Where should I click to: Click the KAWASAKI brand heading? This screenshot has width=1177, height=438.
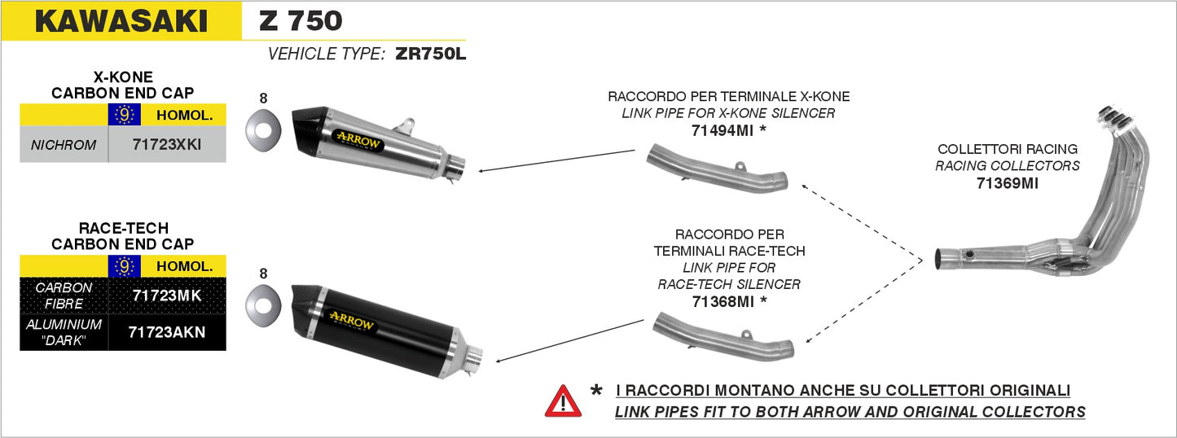point(121,21)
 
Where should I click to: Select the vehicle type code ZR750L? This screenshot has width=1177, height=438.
point(430,55)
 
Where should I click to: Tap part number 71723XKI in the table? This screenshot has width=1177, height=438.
point(166,146)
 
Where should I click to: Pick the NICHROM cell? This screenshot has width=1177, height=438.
point(64,146)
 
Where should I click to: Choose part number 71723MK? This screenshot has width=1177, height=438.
point(166,296)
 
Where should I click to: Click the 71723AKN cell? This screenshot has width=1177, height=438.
point(166,332)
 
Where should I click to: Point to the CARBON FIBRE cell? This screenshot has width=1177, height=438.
point(64,296)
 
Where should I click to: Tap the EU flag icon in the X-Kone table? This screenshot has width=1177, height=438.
point(124,116)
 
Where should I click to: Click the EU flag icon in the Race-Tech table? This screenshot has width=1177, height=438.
point(124,266)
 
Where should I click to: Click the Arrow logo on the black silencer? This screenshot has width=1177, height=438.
point(352,323)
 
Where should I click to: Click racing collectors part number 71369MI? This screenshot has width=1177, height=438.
point(1007,183)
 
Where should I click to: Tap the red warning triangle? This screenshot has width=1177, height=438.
point(563,401)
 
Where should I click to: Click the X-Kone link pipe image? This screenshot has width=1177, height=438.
point(717,169)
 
